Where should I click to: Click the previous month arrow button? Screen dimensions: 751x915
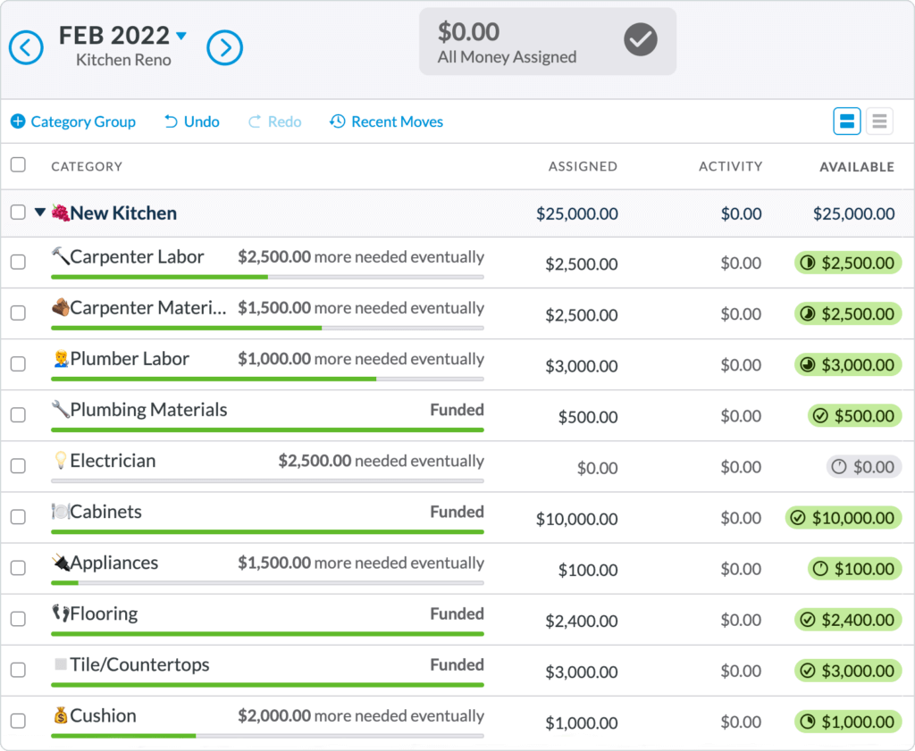(26, 47)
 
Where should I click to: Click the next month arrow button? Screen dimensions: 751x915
(225, 47)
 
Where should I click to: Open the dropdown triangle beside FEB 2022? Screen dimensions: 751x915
(182, 37)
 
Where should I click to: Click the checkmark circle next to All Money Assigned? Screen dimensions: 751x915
(641, 39)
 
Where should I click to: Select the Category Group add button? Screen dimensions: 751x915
(73, 121)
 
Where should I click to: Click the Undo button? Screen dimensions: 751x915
(192, 121)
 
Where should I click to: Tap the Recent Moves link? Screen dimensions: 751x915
(386, 121)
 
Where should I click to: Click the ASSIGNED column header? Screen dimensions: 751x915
(583, 166)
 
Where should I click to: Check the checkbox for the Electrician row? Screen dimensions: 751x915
(18, 466)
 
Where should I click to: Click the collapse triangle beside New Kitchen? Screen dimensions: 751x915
(39, 213)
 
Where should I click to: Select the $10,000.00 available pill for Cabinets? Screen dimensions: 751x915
(844, 518)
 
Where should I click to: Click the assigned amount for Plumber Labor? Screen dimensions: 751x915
(581, 365)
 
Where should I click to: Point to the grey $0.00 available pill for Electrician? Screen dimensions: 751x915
(863, 467)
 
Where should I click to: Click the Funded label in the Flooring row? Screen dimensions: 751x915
(457, 613)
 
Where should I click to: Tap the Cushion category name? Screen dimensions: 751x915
(103, 716)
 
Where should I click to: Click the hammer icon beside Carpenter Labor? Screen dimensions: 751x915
(60, 257)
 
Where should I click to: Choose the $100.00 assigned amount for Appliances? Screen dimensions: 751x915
(587, 569)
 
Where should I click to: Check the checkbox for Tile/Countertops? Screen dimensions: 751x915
(18, 670)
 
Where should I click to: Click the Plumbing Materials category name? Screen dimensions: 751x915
(148, 410)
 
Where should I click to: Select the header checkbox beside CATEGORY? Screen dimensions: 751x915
(18, 165)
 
